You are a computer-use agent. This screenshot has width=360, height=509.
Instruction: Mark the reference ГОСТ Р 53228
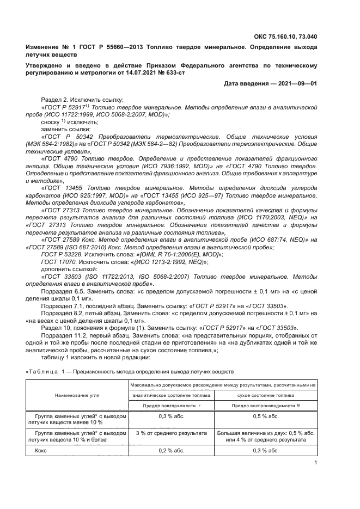(x=61, y=254)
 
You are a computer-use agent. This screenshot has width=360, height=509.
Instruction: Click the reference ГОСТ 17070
(x=59, y=261)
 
